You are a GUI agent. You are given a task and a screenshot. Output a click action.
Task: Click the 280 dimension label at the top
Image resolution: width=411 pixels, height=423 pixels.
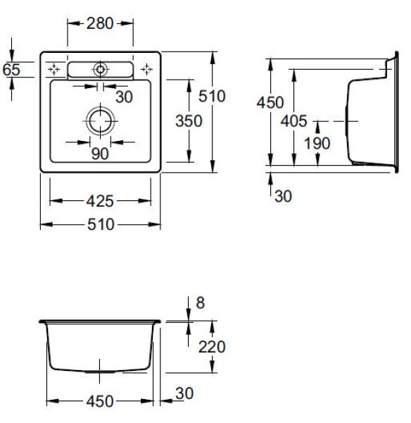(x=100, y=23)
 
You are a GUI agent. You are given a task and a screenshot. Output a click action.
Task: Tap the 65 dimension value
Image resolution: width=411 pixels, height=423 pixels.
(x=11, y=70)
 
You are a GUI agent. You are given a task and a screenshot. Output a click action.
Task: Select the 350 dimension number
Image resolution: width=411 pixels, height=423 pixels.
(x=189, y=121)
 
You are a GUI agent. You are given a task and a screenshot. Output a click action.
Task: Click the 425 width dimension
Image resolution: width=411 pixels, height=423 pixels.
(x=100, y=201)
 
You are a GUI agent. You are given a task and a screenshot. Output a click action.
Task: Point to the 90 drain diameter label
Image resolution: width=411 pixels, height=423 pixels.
(x=100, y=154)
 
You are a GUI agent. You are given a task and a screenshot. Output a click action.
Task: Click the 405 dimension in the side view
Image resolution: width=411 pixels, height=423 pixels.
(x=294, y=121)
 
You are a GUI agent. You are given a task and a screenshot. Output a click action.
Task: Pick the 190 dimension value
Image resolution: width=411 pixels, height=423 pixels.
(x=317, y=143)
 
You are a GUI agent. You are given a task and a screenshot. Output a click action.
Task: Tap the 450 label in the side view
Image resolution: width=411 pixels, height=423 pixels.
(x=270, y=102)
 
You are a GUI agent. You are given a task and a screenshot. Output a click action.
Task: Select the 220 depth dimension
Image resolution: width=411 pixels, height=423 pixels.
(x=212, y=347)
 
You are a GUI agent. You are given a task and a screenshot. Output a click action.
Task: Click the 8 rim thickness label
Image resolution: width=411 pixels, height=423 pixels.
(x=201, y=302)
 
